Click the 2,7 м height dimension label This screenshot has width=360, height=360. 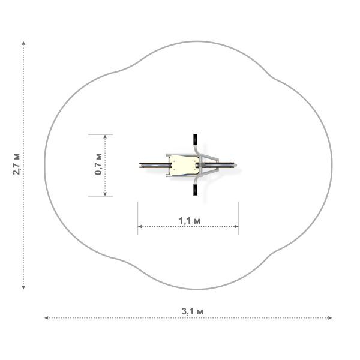pos(17,164)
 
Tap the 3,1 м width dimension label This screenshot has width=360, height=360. pos(193,311)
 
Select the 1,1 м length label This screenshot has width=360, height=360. pos(190,221)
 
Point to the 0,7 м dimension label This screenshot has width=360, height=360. pos(98,164)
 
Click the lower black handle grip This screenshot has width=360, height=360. pos(195,190)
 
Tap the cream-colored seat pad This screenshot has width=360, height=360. pos(184,165)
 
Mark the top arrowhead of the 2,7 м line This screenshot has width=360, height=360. pos(23,43)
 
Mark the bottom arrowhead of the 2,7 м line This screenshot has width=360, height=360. pos(23,287)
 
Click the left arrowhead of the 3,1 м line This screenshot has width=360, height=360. pos(46,318)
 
